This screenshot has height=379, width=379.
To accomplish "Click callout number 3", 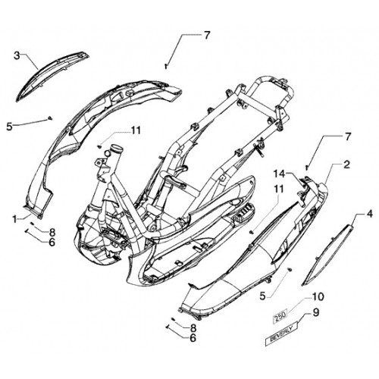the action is click(x=17, y=55).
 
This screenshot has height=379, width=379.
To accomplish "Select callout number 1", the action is click(x=15, y=219).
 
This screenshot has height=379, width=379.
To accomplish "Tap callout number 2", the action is click(x=346, y=164).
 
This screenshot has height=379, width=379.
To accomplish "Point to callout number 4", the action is click(x=369, y=215).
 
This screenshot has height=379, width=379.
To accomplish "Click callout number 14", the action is click(x=280, y=174).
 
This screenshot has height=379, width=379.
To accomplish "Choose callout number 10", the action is click(x=318, y=296).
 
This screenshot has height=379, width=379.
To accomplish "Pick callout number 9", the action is click(x=316, y=312).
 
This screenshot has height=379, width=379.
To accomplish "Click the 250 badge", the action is click(x=280, y=315).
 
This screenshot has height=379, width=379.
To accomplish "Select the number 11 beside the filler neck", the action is click(x=136, y=130).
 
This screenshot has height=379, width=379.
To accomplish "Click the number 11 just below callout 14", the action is click(x=278, y=189).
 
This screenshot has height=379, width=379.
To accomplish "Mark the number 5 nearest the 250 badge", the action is click(x=263, y=296).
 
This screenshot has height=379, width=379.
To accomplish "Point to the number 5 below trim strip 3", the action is click(x=9, y=127).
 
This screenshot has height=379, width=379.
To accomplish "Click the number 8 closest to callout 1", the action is click(x=52, y=232).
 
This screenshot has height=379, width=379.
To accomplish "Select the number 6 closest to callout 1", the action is click(x=52, y=243).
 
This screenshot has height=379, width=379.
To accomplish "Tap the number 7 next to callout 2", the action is click(x=349, y=137).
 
